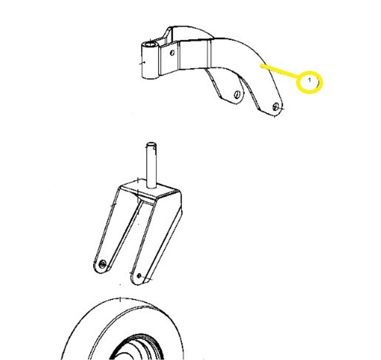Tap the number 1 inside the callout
309,80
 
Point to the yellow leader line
279,70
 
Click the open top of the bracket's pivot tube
150,45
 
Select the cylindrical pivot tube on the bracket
150,60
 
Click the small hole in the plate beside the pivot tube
172,52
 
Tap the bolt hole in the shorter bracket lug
237,94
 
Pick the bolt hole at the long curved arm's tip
276,106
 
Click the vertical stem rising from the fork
151,165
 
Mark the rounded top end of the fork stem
151,144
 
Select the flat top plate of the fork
150,189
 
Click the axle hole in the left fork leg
103,264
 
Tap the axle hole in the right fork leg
139,276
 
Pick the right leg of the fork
156,243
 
